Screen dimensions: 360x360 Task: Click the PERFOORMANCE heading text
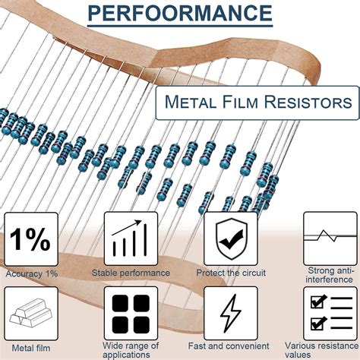click(179, 13)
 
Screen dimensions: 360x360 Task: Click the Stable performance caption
click(130, 273)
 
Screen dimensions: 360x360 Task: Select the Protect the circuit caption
click(231, 273)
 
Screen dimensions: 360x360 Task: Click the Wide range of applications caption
click(130, 352)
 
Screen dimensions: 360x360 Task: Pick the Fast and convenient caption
click(231, 348)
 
